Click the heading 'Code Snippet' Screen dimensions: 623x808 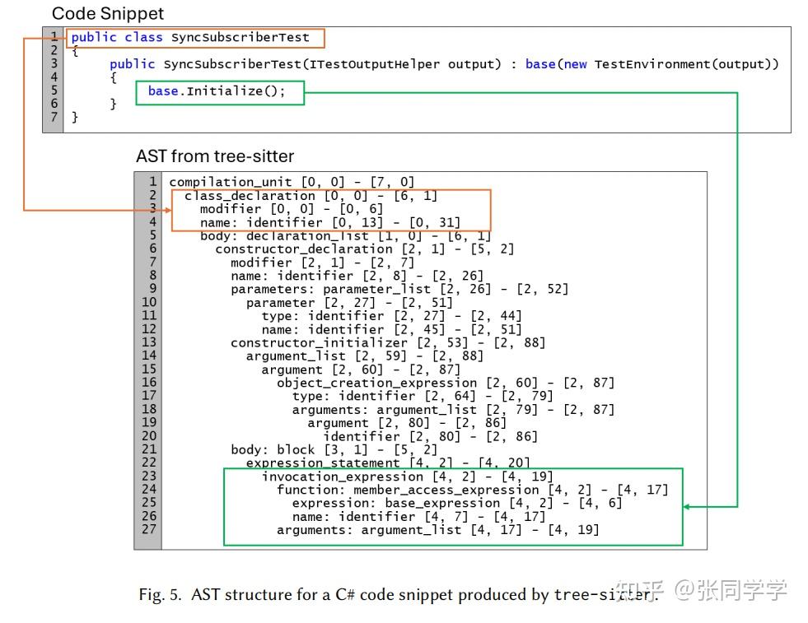[x=108, y=13]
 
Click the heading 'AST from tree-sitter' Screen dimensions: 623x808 [x=215, y=156]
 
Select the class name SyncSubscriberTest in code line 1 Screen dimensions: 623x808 [x=240, y=37]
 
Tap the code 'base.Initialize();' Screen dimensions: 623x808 [x=217, y=91]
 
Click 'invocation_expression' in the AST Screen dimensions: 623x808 [x=342, y=477]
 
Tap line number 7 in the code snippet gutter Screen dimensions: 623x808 [x=54, y=117]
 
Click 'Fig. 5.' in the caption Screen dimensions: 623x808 [x=160, y=595]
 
